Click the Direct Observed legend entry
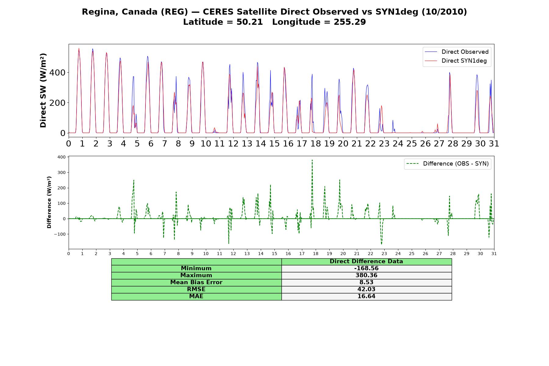(x=457, y=52)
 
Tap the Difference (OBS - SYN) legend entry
(x=447, y=164)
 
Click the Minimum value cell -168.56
(x=366, y=268)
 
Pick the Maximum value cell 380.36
(x=366, y=275)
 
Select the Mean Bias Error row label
(x=196, y=282)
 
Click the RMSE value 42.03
(x=366, y=289)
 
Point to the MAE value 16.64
(x=366, y=296)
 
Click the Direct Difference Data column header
(x=366, y=261)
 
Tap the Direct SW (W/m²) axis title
(x=43, y=91)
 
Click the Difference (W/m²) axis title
(x=49, y=202)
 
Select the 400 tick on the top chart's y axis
(x=58, y=73)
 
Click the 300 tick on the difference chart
(x=62, y=173)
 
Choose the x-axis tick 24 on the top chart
(x=398, y=143)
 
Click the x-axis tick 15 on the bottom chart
(x=274, y=254)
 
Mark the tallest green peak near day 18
(x=312, y=160)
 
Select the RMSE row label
(x=196, y=289)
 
